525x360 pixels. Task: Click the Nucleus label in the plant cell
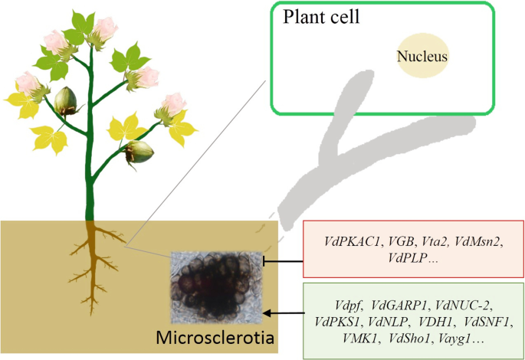[422, 56]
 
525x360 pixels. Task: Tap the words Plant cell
[321, 17]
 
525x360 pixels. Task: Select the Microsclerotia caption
[215, 338]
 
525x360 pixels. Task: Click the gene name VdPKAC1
[353, 241]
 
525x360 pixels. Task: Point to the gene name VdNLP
[389, 322]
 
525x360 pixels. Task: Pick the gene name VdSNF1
[488, 322]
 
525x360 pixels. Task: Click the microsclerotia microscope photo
[216, 288]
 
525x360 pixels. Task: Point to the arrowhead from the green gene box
[267, 313]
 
